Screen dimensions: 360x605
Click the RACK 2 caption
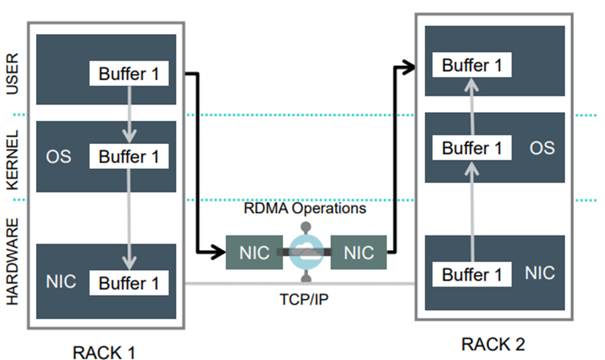pyautogui.click(x=493, y=344)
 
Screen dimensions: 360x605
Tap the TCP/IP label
pyautogui.click(x=304, y=299)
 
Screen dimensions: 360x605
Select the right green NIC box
pyautogui.click(x=358, y=253)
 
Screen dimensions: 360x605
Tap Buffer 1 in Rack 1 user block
pyautogui.click(x=129, y=73)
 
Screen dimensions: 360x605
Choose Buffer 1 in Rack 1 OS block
pyautogui.click(x=129, y=157)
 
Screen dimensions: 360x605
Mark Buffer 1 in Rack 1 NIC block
pyautogui.click(x=129, y=283)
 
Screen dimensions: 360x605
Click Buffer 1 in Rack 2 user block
pyautogui.click(x=471, y=65)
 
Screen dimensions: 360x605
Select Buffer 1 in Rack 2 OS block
pyautogui.click(x=471, y=147)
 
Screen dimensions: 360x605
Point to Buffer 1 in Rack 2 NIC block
pyautogui.click(x=471, y=274)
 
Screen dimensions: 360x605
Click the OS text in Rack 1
pyautogui.click(x=58, y=158)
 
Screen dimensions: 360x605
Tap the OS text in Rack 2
pyautogui.click(x=542, y=147)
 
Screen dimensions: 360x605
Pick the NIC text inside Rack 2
pyautogui.click(x=539, y=273)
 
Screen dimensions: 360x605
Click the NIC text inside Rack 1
pyautogui.click(x=61, y=282)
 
